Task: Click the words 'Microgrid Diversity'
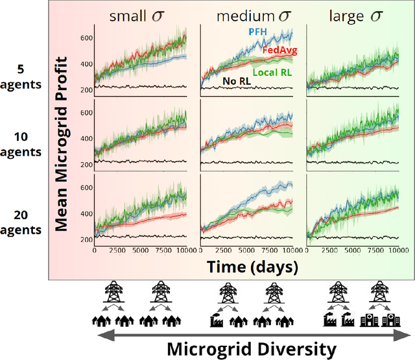coord(252,350)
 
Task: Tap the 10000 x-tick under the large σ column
coord(389,250)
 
